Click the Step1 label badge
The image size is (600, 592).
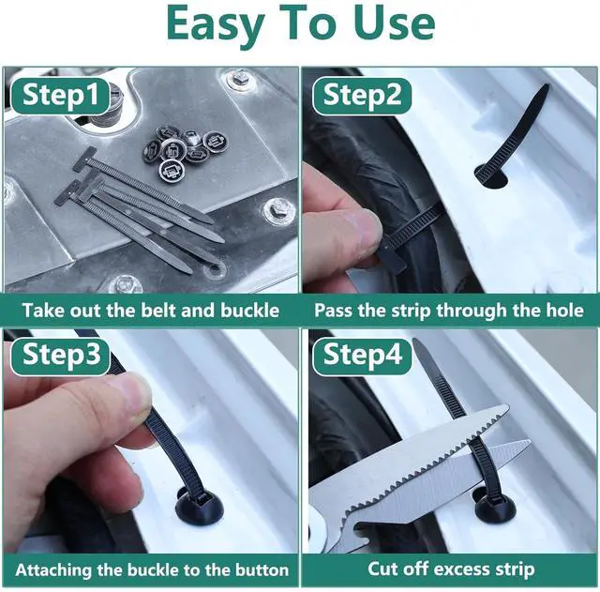click(x=58, y=96)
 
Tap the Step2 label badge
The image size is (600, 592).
click(x=362, y=96)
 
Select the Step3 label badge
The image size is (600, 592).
click(x=58, y=355)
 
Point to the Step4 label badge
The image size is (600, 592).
click(x=362, y=355)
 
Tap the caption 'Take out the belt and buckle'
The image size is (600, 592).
click(x=151, y=311)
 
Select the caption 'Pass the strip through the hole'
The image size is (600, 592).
click(x=449, y=311)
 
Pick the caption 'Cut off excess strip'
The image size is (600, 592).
click(x=451, y=569)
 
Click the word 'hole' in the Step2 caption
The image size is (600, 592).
click(x=562, y=311)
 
